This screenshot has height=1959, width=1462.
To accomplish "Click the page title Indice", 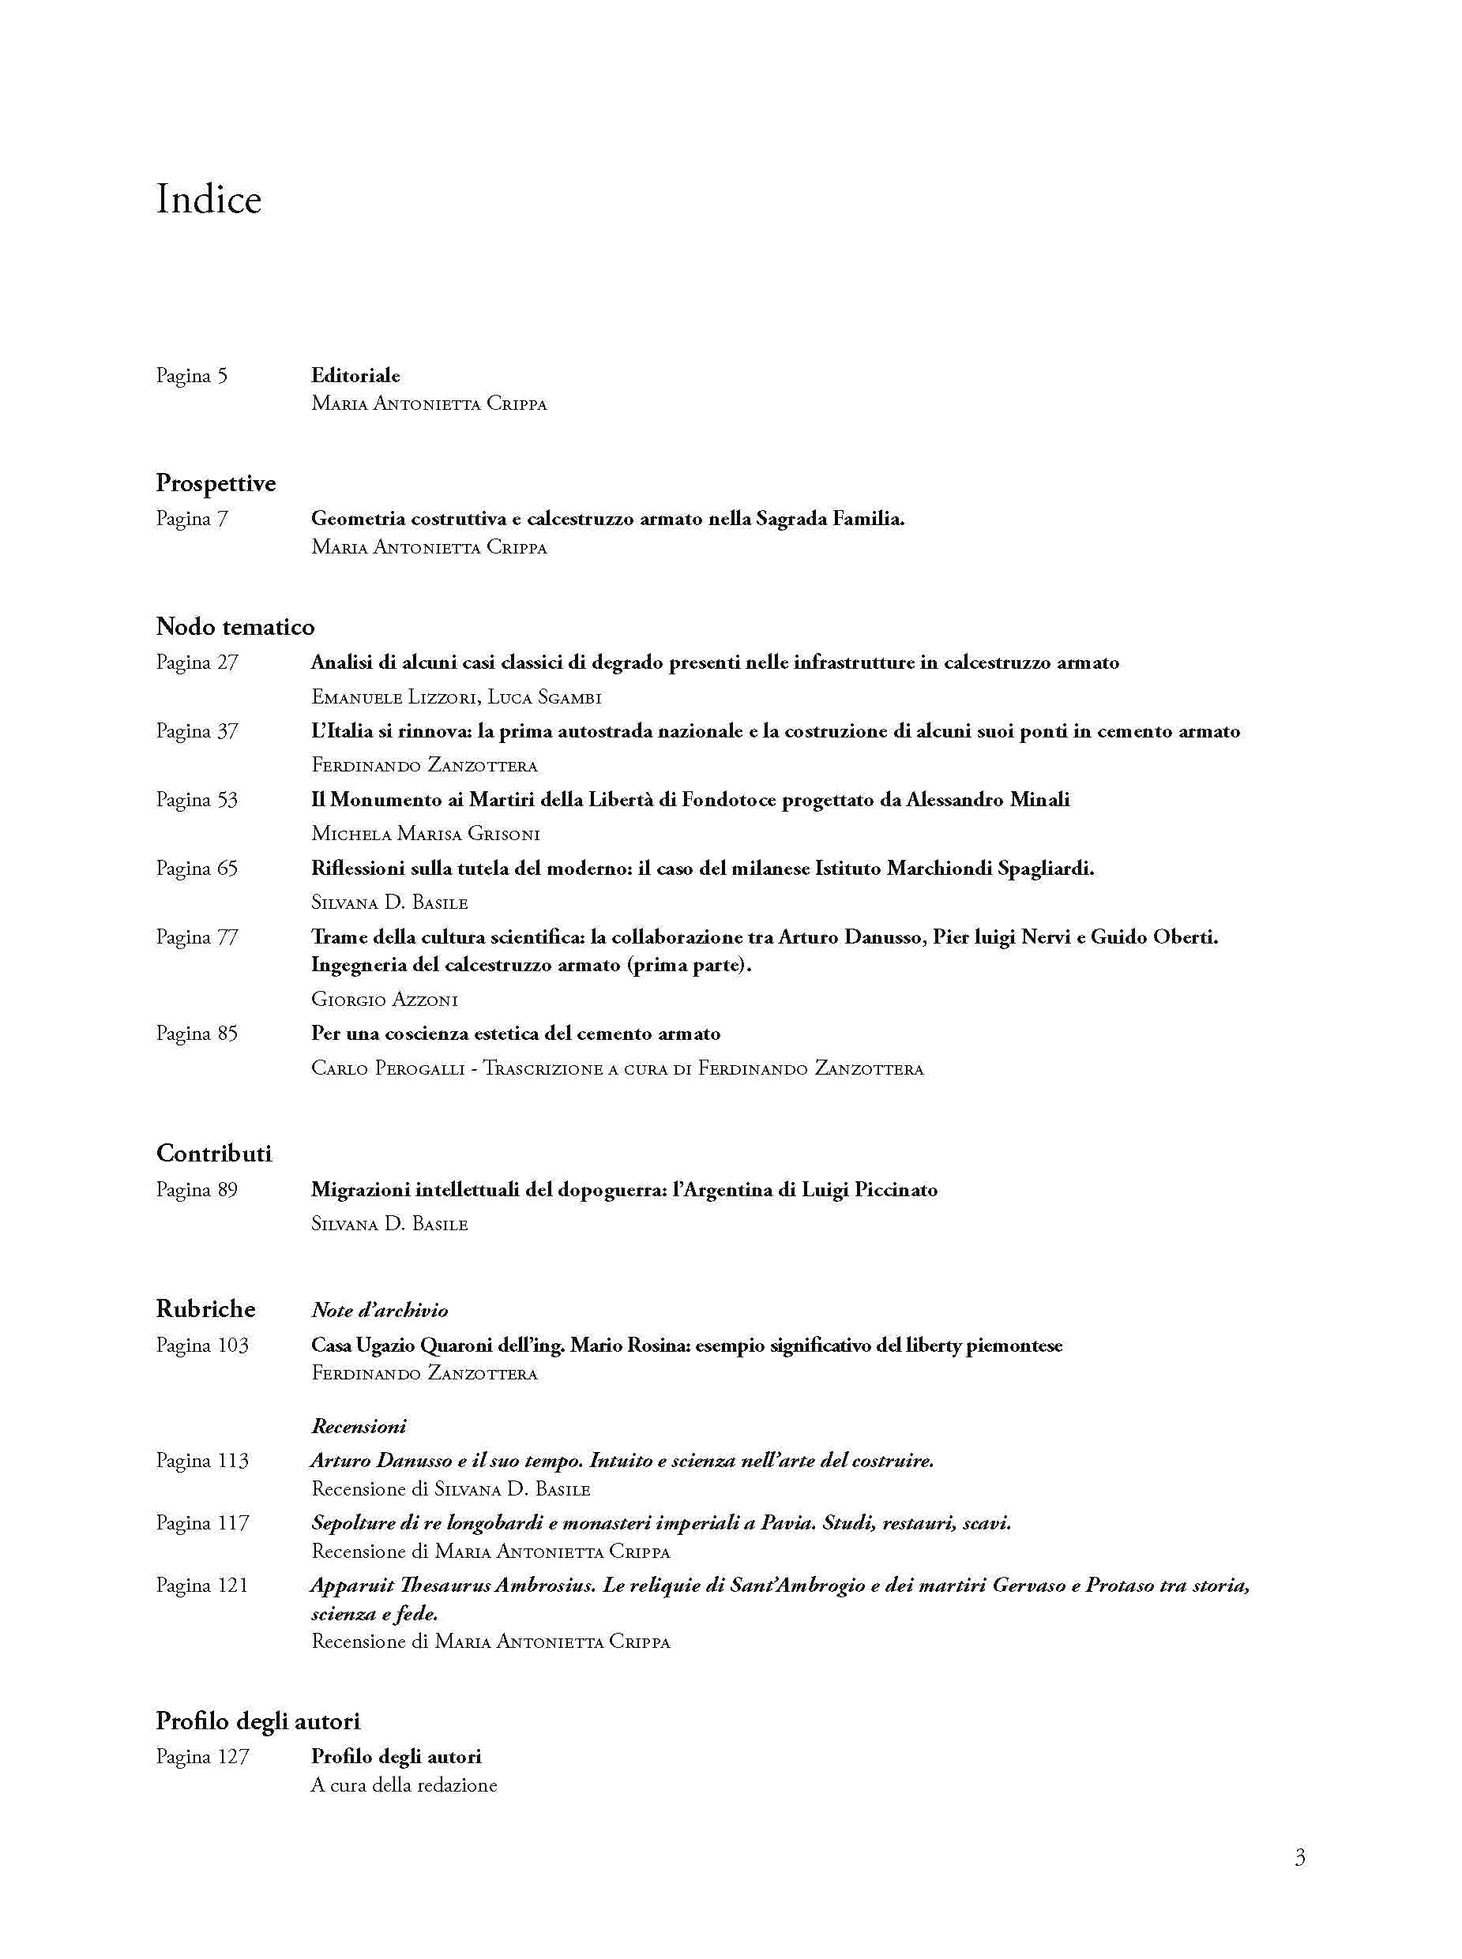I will coord(209,199).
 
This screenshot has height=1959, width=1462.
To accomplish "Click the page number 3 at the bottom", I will coord(1299,1856).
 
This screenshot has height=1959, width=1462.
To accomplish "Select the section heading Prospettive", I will coord(216,483).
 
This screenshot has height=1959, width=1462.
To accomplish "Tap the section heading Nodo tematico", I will coord(235,626).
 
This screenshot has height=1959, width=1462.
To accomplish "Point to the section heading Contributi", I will coord(214,1153).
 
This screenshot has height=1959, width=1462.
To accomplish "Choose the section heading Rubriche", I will coord(205,1308).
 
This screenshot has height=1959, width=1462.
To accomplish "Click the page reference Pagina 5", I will coord(192,376).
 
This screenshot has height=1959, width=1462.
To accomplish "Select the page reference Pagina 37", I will coord(197,731).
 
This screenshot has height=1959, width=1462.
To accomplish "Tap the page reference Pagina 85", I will coord(197,1034).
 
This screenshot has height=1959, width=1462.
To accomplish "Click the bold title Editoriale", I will coord(355,375).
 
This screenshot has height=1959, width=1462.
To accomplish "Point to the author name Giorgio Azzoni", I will coord(384,1000).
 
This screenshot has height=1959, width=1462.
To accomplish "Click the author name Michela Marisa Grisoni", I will coord(426,834).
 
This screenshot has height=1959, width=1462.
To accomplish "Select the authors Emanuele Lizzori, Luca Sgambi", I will coord(457,697).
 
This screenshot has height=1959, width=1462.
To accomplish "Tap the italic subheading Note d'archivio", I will coord(380,1311).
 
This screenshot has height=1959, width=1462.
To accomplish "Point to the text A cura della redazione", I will coord(404,1784).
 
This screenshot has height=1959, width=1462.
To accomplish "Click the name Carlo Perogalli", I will coord(389,1069).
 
